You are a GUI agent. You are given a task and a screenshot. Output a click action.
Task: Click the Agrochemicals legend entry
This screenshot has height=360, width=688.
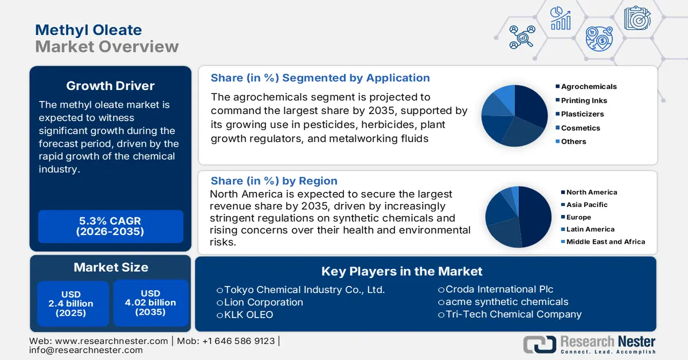588,87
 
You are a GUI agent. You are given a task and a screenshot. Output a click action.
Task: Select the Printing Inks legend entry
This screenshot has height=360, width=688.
584,100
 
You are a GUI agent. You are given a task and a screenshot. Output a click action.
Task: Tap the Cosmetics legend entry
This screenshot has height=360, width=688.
580,128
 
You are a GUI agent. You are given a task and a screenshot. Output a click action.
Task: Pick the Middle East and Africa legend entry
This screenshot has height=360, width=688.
605,242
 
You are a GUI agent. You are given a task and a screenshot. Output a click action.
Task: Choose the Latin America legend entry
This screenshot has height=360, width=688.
591,229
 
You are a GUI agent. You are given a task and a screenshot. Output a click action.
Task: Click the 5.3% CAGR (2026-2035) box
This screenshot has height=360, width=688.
110,226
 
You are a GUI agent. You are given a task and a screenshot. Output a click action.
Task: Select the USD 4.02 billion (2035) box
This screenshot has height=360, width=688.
150,303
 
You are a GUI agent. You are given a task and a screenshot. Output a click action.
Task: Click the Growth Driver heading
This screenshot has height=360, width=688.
110,86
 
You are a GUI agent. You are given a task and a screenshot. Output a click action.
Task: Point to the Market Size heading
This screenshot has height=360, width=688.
111,267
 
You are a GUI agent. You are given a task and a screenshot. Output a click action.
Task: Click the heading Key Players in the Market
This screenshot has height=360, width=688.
401,271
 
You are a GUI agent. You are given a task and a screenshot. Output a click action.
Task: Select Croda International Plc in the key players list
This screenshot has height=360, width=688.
495,289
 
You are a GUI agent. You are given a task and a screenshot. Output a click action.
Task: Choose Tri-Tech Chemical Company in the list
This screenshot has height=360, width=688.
510,314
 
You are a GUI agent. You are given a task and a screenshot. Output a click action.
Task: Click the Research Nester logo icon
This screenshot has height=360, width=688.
540,344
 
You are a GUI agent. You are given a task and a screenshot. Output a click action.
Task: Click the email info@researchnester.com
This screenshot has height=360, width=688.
86,350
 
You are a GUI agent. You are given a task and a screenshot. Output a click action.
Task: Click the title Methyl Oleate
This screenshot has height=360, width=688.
88,30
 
